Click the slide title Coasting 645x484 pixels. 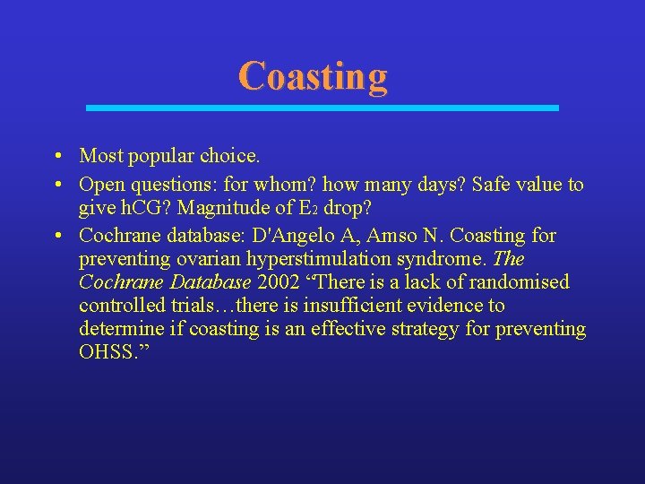(x=313, y=76)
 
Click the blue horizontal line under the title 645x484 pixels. (x=322, y=108)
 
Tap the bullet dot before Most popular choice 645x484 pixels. (x=56, y=156)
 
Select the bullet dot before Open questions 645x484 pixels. (x=56, y=185)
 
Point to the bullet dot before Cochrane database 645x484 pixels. (x=56, y=236)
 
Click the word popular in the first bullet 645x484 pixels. (x=159, y=156)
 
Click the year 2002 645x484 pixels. (x=280, y=282)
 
